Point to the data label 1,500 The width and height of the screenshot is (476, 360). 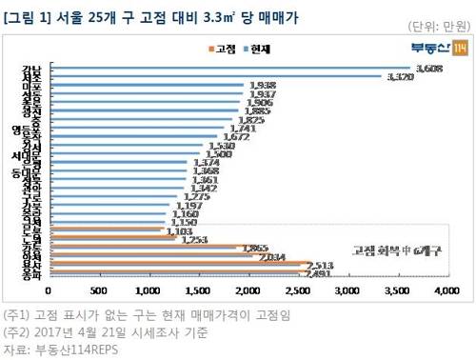218,153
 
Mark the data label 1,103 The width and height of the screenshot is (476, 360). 179,230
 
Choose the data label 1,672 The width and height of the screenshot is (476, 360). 235,136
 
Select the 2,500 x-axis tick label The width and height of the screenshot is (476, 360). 297,288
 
